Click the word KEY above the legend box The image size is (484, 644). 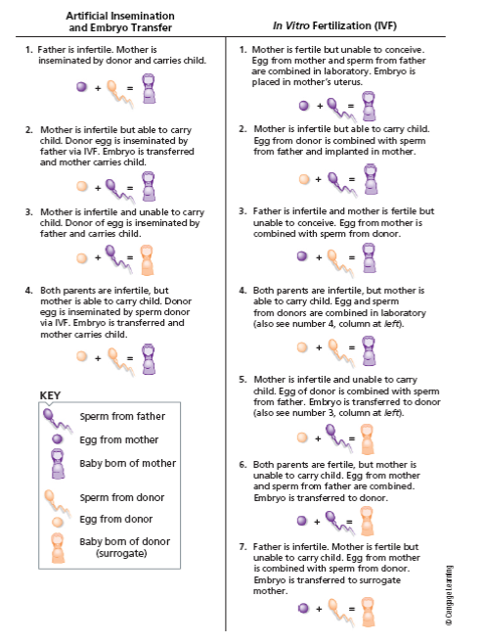50,395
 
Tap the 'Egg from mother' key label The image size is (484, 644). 119,439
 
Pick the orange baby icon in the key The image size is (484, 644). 58,548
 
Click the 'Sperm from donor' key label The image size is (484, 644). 122,497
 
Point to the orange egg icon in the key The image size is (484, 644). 58,522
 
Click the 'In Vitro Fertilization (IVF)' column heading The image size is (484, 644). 334,25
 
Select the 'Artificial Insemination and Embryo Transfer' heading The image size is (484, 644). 120,22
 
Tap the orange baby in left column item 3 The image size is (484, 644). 147,260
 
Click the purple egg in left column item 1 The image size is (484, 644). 82,87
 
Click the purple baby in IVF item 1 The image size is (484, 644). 369,106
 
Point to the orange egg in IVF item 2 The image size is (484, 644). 304,179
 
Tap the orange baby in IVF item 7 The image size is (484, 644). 368,612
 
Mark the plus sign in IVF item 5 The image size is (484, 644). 318,438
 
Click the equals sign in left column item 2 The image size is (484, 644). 130,188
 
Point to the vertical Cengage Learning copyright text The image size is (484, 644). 449,595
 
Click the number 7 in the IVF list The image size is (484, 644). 242,547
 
